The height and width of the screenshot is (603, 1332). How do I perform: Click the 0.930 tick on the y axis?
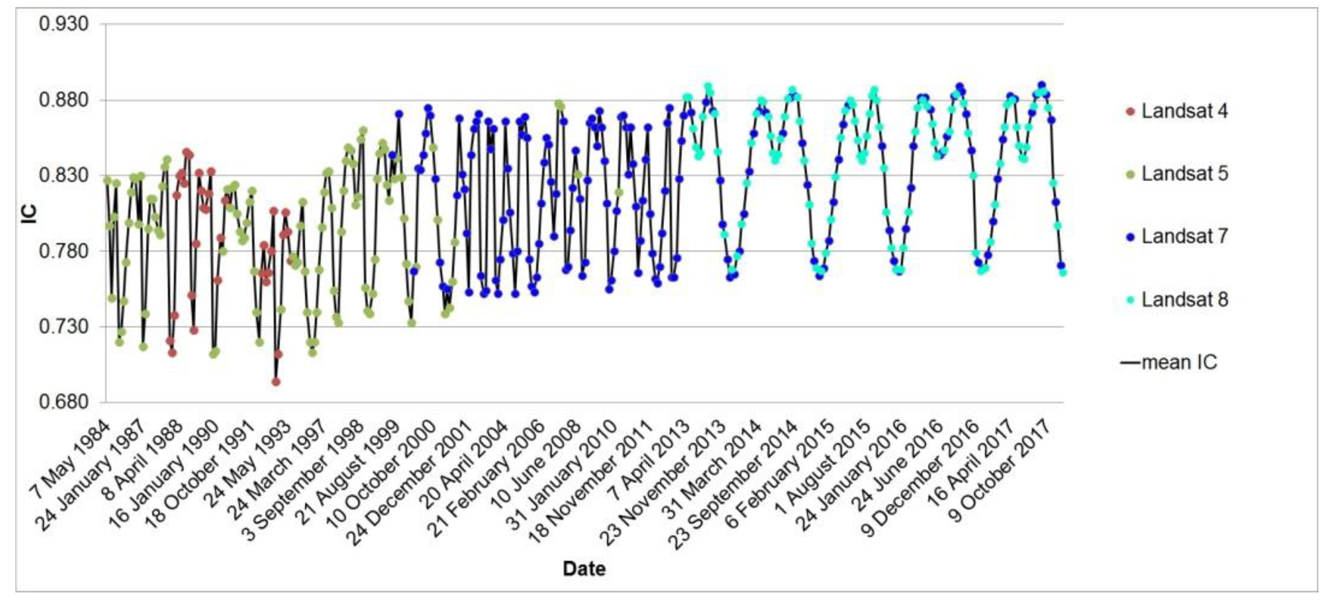pos(64,24)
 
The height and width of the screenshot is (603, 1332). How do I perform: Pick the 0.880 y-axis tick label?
pos(64,99)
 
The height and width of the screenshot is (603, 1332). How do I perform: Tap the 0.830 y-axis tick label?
pos(64,175)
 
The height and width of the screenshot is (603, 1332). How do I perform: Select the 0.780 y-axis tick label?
pos(64,251)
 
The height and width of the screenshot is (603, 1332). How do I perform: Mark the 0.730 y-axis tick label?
pos(64,326)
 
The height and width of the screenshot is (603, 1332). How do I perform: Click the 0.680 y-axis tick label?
pos(64,402)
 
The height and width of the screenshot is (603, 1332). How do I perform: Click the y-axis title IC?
pos(30,213)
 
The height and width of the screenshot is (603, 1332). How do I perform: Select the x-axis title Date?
pos(584,569)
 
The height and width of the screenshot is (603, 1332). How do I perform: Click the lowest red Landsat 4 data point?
pos(276,382)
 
